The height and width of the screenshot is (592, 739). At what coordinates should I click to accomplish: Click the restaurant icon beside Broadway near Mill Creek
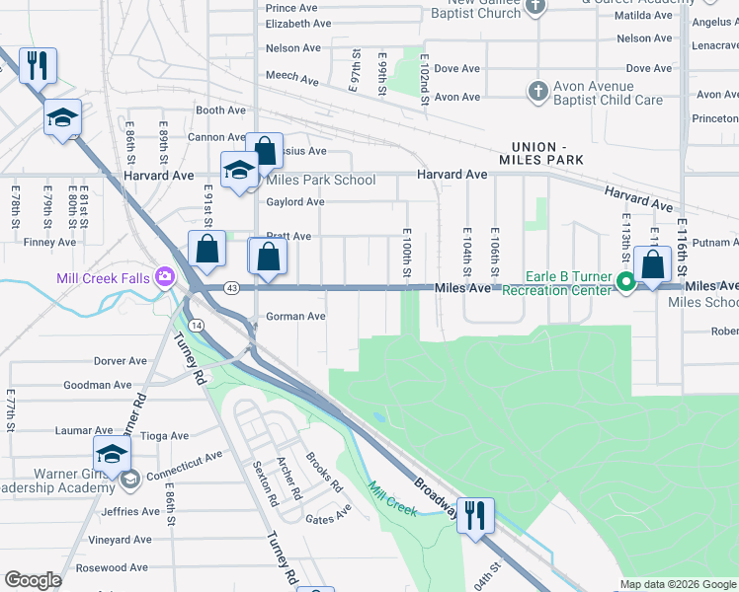coord(475,514)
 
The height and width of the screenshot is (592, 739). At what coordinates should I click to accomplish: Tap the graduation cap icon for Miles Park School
coord(239,170)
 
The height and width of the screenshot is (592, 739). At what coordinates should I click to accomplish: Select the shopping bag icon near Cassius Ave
coord(265,150)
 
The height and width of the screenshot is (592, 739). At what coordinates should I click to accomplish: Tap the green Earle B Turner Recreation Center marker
coord(624,283)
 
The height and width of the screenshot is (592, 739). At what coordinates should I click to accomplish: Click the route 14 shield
coord(198,324)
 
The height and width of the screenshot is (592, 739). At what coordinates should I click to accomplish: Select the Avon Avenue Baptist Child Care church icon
coord(537,92)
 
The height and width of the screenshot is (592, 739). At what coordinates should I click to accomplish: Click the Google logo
coord(33,580)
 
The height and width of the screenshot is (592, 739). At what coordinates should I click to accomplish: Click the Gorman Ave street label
coord(295,317)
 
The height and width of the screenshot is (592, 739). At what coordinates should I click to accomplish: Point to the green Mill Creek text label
coord(392,497)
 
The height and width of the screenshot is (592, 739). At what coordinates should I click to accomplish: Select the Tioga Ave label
coord(165,435)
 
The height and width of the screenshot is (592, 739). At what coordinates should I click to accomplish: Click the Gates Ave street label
coord(328,517)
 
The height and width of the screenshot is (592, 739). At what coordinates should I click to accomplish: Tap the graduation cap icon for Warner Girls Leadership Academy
coord(112,454)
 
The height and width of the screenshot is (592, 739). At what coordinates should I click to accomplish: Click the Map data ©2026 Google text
coord(678,584)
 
